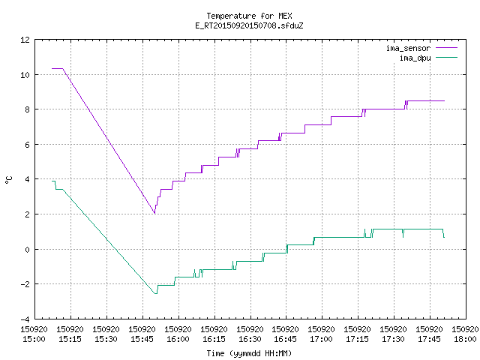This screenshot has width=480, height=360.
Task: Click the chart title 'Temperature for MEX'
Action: tap(249, 16)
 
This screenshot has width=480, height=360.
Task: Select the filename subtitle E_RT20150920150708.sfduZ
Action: tap(249, 25)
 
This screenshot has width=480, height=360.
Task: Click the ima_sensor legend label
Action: tap(408, 48)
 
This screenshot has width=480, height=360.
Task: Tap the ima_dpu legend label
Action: tap(415, 58)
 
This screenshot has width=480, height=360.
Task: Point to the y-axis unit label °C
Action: tap(8, 180)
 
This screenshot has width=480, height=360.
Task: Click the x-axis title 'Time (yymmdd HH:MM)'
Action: tap(249, 353)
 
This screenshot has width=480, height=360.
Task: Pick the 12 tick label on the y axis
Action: tap(25, 40)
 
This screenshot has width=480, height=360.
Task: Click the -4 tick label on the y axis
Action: tap(25, 319)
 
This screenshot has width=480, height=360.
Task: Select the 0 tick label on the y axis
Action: tap(27, 250)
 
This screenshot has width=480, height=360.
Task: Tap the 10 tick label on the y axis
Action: tap(25, 75)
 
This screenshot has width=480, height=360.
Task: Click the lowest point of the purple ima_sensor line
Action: tap(154, 213)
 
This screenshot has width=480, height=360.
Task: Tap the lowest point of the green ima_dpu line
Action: tap(156, 294)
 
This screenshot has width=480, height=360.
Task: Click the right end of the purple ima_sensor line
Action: tap(444, 100)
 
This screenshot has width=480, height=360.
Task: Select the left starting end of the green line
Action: tap(52, 181)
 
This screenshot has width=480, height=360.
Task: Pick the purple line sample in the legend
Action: tap(446, 48)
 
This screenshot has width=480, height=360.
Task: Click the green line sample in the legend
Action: tap(446, 58)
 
